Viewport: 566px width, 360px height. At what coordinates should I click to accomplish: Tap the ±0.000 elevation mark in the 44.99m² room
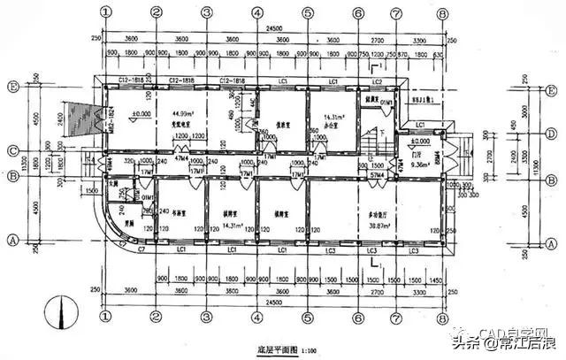click(x=139, y=114)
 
